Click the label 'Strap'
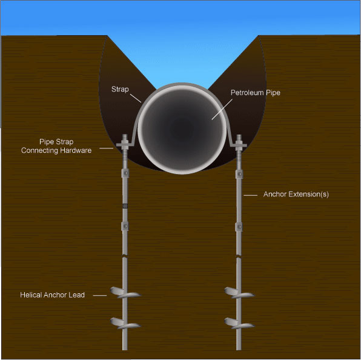click(120, 89)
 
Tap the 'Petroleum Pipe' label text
click(256, 93)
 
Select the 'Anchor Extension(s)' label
click(296, 194)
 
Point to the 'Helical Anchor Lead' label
click(52, 295)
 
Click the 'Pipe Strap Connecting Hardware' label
click(56, 146)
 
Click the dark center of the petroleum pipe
click(182, 128)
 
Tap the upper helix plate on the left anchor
click(125, 293)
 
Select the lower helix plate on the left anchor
click(125, 324)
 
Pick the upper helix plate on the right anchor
click(239, 293)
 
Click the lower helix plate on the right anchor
click(239, 324)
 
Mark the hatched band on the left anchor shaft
click(125, 205)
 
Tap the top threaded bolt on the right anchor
click(239, 139)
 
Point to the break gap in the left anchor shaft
click(125, 256)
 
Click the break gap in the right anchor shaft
click(239, 256)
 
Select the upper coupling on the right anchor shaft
click(239, 174)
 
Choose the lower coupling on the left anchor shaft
click(125, 226)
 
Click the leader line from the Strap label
click(136, 98)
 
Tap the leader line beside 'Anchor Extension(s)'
click(251, 195)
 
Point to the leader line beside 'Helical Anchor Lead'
click(100, 295)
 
